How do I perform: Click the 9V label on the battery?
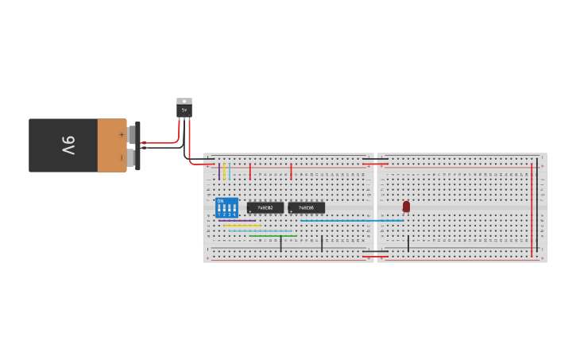pos(68,145)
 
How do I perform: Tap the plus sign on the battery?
pos(122,134)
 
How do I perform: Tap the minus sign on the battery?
pos(122,157)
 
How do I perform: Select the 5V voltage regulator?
pos(184,109)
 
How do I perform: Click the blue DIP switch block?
pos(226,207)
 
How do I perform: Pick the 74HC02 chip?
pos(265,207)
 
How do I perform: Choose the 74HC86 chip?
pos(306,207)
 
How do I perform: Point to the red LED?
pos(406,206)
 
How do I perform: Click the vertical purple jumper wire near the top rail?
pos(219,172)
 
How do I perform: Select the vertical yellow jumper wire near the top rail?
pos(225,172)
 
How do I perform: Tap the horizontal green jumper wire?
pos(273,235)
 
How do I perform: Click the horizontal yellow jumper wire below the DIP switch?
pos(242,226)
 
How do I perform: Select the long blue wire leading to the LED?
pos(350,221)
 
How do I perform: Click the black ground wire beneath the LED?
pos(408,243)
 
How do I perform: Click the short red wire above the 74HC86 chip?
pos(291,172)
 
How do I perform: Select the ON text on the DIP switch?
pos(220,201)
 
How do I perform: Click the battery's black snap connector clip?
pos(137,145)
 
